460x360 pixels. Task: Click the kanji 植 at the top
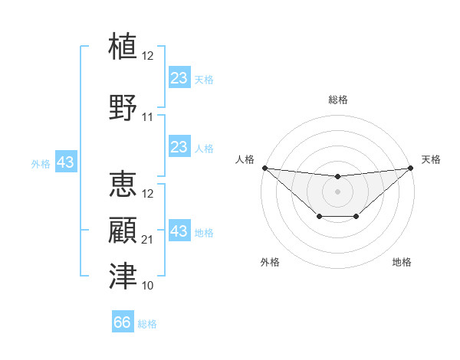click(123, 45)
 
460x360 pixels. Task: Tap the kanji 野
click(123, 106)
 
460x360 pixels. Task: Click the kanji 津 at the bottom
click(123, 275)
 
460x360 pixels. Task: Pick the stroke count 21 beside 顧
click(148, 241)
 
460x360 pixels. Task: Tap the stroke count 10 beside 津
click(148, 286)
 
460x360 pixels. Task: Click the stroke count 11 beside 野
click(148, 117)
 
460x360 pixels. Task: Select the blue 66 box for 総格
click(123, 322)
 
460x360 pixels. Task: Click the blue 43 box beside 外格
click(65, 162)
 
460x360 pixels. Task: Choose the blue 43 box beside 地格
click(179, 231)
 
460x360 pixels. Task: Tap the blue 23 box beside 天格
click(179, 78)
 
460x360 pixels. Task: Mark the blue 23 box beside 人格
click(179, 147)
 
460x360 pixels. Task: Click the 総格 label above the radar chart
click(337, 100)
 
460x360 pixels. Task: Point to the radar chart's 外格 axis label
click(270, 262)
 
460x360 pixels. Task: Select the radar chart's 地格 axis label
click(402, 262)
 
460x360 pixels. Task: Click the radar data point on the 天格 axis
click(409, 168)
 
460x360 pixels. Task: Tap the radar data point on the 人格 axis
click(264, 168)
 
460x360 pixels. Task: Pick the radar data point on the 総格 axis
click(337, 177)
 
